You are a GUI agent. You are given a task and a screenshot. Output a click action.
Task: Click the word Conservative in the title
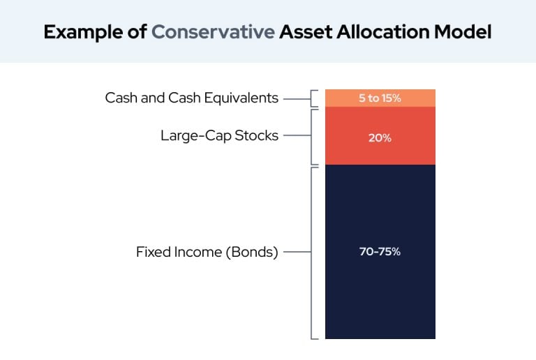(213, 32)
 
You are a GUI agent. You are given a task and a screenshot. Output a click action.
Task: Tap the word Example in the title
(84, 33)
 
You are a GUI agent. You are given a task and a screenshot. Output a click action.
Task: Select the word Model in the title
(463, 32)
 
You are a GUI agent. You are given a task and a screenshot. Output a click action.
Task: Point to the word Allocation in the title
(383, 32)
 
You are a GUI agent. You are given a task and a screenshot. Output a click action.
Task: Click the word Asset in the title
(306, 32)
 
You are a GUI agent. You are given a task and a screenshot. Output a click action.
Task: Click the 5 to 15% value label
(380, 98)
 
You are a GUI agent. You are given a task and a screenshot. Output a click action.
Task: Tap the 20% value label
(380, 138)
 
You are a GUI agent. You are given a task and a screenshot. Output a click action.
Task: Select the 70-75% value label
(380, 252)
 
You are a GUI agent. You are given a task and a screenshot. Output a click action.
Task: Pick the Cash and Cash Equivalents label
(191, 98)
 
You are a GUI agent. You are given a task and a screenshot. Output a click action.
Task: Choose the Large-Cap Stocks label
(219, 135)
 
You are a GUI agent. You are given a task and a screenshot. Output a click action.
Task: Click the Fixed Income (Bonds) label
(207, 252)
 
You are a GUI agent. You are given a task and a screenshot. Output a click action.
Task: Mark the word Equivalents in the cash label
(241, 98)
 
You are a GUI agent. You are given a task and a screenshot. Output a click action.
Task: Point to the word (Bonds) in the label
(252, 252)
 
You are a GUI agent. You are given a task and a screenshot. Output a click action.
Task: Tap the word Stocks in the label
(256, 135)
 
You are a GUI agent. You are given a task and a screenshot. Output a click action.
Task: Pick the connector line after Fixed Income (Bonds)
(297, 252)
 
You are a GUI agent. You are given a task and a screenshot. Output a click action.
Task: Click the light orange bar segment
(380, 98)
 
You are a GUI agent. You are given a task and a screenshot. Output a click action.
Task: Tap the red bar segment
(380, 135)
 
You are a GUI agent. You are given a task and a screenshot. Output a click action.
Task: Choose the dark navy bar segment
(380, 252)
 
